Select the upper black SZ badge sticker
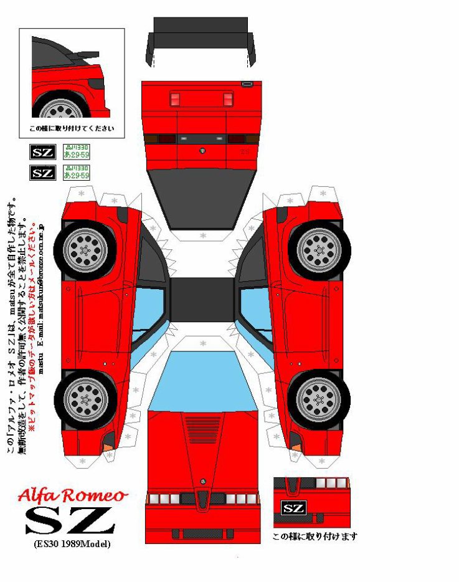pyautogui.click(x=43, y=152)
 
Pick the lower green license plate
pyautogui.click(x=77, y=173)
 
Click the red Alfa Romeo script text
pyautogui.click(x=73, y=495)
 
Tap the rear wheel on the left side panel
pyautogui.click(x=84, y=249)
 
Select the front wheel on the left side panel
pyautogui.click(x=84, y=398)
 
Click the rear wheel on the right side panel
pyautogui.click(x=319, y=249)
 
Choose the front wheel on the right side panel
pyautogui.click(x=319, y=398)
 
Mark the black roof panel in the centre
pyautogui.click(x=202, y=298)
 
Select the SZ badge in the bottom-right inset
pyautogui.click(x=294, y=508)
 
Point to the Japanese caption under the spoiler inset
pyautogui.click(x=72, y=129)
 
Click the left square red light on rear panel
pyautogui.click(x=175, y=99)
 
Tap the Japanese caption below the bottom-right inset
pyautogui.click(x=315, y=536)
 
